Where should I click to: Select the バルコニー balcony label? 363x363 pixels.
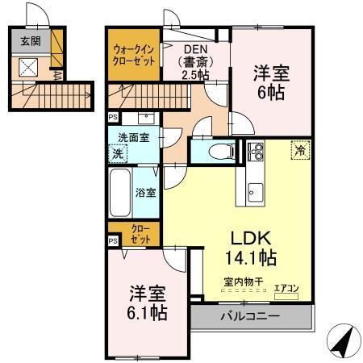pos(250,316)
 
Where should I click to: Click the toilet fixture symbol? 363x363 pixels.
pos(219,150)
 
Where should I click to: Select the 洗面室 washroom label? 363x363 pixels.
pos(133,138)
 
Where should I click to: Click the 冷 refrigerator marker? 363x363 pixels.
pos(299,149)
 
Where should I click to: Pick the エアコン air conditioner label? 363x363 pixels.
pos(286,286)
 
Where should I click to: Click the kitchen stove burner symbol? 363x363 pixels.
pos(257,150)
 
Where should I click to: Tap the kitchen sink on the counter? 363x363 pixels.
pos(255,192)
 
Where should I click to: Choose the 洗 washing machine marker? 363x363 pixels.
pos(117,152)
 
